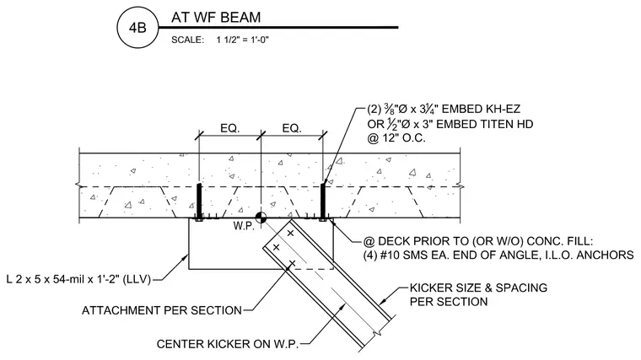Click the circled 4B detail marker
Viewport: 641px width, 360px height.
point(137,28)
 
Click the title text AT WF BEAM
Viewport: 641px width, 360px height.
point(216,17)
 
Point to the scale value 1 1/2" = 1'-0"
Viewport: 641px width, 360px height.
point(242,40)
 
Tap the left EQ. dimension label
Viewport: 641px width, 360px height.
point(229,128)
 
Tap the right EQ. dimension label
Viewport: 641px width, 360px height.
point(292,128)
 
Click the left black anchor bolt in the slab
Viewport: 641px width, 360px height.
point(199,201)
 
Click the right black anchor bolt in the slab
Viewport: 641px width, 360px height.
point(322,201)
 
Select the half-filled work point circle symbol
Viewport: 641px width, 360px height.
point(261,218)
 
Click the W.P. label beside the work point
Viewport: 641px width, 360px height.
point(244,226)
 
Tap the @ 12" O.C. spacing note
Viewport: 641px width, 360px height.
point(396,138)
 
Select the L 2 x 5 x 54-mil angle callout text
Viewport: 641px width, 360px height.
point(78,280)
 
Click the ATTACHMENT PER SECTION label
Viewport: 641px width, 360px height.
point(162,310)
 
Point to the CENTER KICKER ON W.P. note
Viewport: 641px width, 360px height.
point(228,344)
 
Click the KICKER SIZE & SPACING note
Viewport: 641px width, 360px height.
point(478,294)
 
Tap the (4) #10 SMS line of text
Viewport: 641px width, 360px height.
point(498,255)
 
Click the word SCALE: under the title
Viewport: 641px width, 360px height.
point(187,40)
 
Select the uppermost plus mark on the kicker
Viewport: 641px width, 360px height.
point(290,234)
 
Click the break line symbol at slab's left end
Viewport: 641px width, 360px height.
point(79,186)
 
